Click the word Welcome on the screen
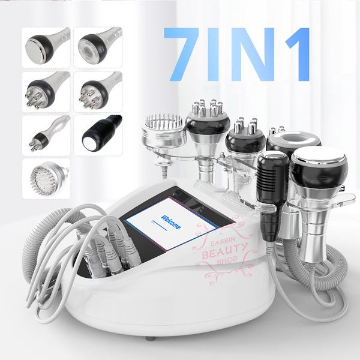171,222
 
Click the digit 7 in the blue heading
181,54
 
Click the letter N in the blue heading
252,54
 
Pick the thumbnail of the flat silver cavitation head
46,47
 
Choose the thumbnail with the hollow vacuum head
98,47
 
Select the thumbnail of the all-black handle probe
98,135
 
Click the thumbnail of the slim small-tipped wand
46,136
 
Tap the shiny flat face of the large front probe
319,156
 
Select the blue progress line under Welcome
160,225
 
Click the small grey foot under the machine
149,338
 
